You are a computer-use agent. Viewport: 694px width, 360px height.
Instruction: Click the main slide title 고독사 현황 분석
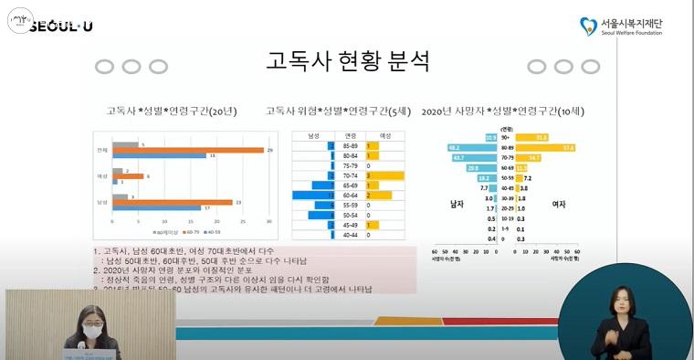[x=347, y=61]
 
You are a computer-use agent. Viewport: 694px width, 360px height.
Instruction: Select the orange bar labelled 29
[x=187, y=150]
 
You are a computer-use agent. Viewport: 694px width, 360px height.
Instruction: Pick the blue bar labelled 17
[x=161, y=207]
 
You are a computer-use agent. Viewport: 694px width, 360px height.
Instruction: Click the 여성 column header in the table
[x=384, y=135]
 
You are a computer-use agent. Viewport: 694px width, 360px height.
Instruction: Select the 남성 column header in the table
[x=312, y=135]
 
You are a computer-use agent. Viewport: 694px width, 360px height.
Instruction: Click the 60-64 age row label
[x=350, y=195]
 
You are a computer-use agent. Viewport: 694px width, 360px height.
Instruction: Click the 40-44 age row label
[x=350, y=234]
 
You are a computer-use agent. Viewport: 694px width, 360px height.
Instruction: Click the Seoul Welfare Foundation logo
[x=620, y=26]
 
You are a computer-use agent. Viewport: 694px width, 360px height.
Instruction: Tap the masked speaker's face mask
[x=91, y=327]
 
